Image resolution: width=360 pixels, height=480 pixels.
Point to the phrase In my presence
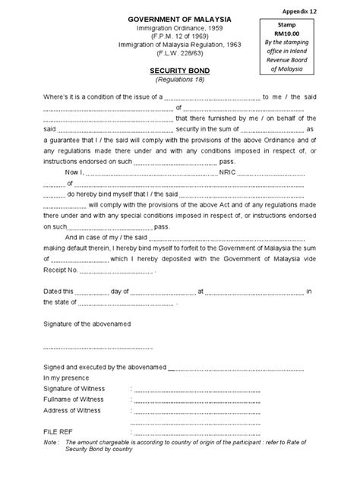(68, 377)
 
